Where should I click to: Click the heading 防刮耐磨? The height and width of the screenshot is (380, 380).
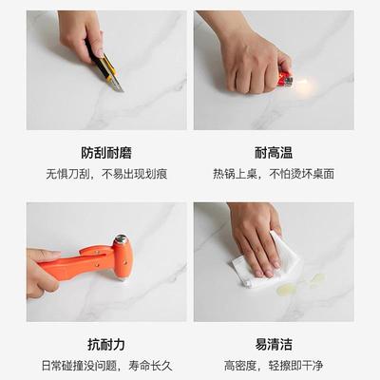coord(106,152)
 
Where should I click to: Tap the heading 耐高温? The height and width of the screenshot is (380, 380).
coord(274,152)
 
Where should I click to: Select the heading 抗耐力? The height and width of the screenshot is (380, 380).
coord(106,344)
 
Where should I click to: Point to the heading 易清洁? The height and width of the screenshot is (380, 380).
coord(274,344)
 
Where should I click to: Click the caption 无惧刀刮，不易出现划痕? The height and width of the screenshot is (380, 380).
coord(106,175)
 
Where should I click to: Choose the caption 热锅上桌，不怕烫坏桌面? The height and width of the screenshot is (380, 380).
coord(274,175)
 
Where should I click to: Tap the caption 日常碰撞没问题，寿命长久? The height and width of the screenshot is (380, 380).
coord(106,365)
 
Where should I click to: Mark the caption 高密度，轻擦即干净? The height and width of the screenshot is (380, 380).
coord(274,365)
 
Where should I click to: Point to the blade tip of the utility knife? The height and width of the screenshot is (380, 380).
coord(120,90)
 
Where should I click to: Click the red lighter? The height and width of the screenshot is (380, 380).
coord(284,81)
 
